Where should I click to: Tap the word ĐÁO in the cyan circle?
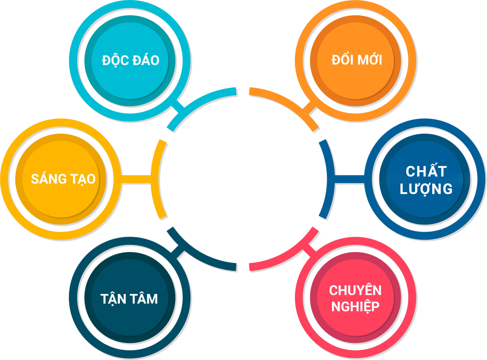click(145, 61)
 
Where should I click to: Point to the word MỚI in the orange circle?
click(370, 60)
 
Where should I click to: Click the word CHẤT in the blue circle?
click(426, 171)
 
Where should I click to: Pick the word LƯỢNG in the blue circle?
click(426, 189)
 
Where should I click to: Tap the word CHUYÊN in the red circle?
click(355, 290)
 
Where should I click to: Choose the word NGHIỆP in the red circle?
click(355, 306)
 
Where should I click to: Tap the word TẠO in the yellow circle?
click(81, 179)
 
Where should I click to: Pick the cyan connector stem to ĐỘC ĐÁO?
click(179, 107)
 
